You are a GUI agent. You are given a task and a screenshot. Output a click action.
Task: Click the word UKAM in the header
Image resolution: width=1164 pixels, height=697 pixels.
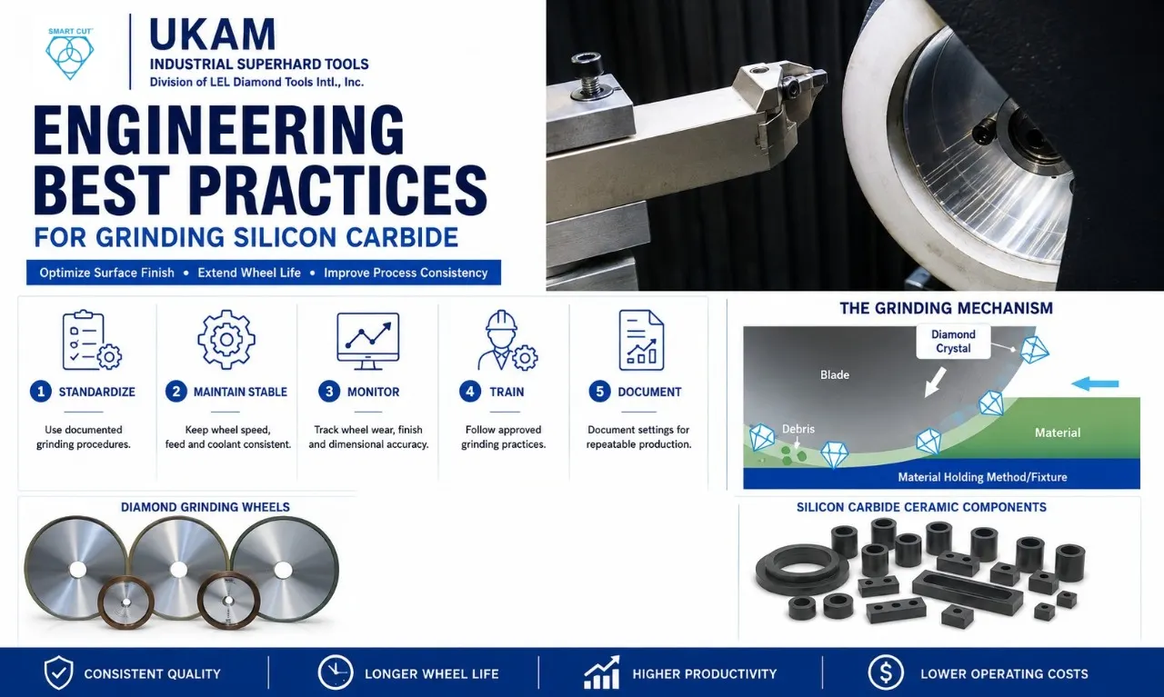(x=212, y=35)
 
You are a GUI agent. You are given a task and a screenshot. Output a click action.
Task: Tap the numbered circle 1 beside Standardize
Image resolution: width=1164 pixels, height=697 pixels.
(x=41, y=392)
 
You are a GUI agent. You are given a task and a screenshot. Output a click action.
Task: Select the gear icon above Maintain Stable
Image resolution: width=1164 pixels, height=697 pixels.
(x=226, y=340)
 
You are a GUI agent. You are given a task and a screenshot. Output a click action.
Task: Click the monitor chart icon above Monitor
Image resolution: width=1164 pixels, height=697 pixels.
(x=368, y=341)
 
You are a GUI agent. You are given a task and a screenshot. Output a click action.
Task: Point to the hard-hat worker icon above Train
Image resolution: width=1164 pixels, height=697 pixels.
(x=507, y=340)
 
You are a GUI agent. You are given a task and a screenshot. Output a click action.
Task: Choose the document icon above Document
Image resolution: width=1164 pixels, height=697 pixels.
(x=641, y=340)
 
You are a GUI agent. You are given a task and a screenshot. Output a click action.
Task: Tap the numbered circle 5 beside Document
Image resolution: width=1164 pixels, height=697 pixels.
(x=599, y=392)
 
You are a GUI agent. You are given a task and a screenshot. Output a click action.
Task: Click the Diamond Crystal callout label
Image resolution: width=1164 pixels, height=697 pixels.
(x=953, y=341)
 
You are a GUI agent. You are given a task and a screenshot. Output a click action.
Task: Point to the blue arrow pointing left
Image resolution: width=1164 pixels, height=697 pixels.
(x=1095, y=384)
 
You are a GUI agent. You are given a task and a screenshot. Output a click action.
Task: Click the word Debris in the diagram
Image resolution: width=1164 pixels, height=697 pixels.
(x=798, y=429)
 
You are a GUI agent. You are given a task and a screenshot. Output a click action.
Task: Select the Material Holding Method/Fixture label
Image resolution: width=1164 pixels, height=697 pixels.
(x=982, y=477)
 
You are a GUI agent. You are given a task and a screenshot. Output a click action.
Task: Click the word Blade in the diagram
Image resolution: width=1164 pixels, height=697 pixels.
(x=835, y=374)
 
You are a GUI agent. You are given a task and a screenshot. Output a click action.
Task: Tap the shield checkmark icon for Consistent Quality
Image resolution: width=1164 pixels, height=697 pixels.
(x=58, y=672)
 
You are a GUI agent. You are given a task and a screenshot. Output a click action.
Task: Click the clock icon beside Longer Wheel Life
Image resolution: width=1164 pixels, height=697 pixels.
(x=336, y=672)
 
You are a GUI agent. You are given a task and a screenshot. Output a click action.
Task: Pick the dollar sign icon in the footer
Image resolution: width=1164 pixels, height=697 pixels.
(x=885, y=672)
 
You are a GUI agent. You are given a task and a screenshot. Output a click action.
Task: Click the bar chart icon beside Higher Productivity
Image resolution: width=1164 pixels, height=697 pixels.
(x=602, y=672)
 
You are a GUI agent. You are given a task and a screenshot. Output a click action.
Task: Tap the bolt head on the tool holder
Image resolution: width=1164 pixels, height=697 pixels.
(x=587, y=65)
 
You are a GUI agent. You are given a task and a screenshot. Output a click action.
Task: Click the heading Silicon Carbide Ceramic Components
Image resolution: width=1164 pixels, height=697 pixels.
(x=921, y=507)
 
